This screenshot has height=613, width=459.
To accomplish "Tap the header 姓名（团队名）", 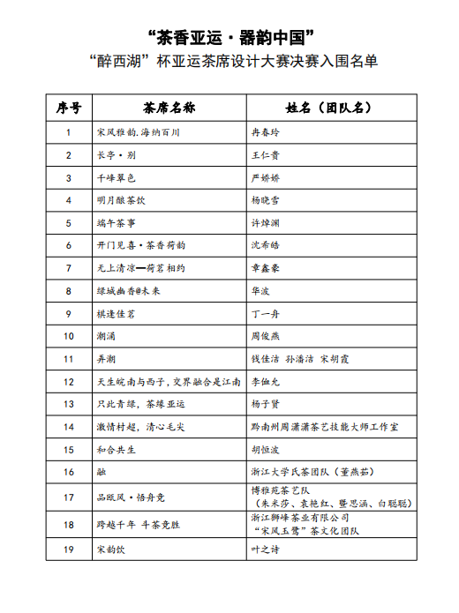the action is point(327,108).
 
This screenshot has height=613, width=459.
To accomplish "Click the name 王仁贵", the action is point(266,155).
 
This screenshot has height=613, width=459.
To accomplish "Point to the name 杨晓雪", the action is point(266,200).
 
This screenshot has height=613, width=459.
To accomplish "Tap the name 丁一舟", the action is point(266,313).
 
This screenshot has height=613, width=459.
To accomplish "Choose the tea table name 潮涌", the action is point(106,336).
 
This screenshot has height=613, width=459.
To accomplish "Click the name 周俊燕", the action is point(266,336).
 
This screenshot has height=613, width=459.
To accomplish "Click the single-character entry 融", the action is point(102,472).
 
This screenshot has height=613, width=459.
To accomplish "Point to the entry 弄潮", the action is point(106,358).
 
